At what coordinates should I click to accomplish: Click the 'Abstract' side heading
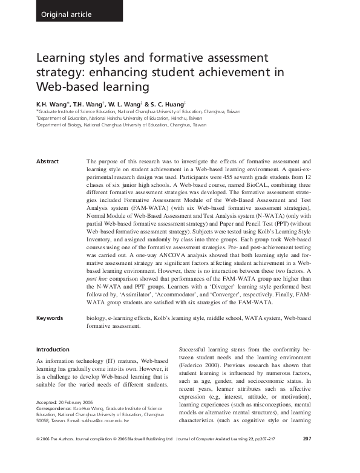pyautogui.click(x=48, y=161)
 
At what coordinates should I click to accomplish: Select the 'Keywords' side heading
pyautogui.click(x=51, y=318)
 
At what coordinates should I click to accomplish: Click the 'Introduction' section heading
pyautogui.click(x=53, y=349)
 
